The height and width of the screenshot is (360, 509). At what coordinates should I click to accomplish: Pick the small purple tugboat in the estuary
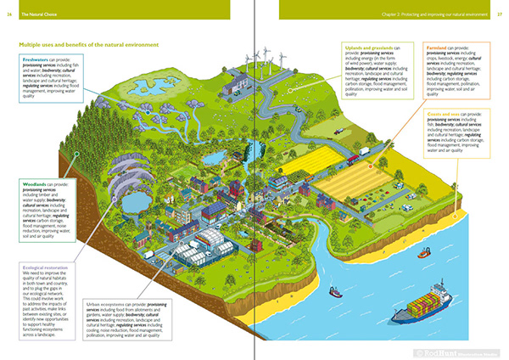point(336,291)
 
